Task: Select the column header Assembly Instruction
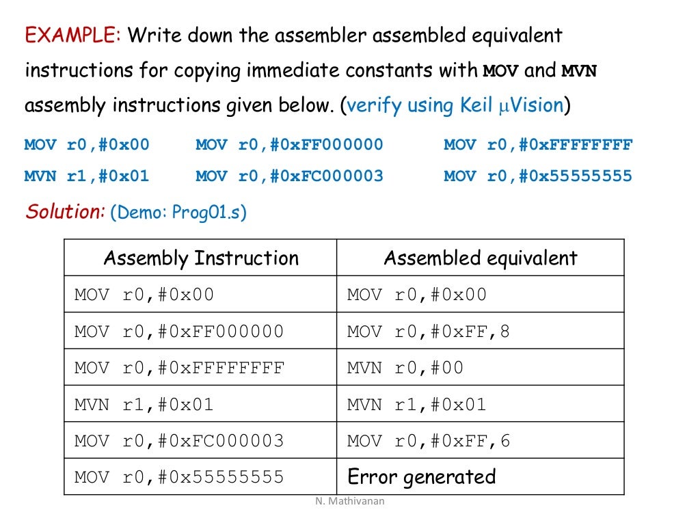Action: [200, 258]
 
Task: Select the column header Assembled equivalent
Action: [480, 258]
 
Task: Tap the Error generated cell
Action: [421, 476]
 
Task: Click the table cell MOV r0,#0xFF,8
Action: [429, 332]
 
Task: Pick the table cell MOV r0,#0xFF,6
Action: [429, 441]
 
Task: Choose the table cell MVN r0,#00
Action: [405, 368]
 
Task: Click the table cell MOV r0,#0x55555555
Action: [178, 476]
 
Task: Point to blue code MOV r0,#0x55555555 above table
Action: [538, 176]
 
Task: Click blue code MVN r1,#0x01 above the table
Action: [86, 176]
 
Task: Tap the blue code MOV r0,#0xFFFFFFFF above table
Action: [538, 145]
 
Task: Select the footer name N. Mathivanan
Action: [350, 501]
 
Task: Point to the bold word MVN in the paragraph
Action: [579, 71]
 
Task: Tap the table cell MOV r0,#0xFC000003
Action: [178, 441]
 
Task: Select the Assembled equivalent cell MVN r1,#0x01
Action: [416, 405]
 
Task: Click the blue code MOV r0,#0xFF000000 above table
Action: [289, 145]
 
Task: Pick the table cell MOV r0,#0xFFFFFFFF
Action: [178, 368]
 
